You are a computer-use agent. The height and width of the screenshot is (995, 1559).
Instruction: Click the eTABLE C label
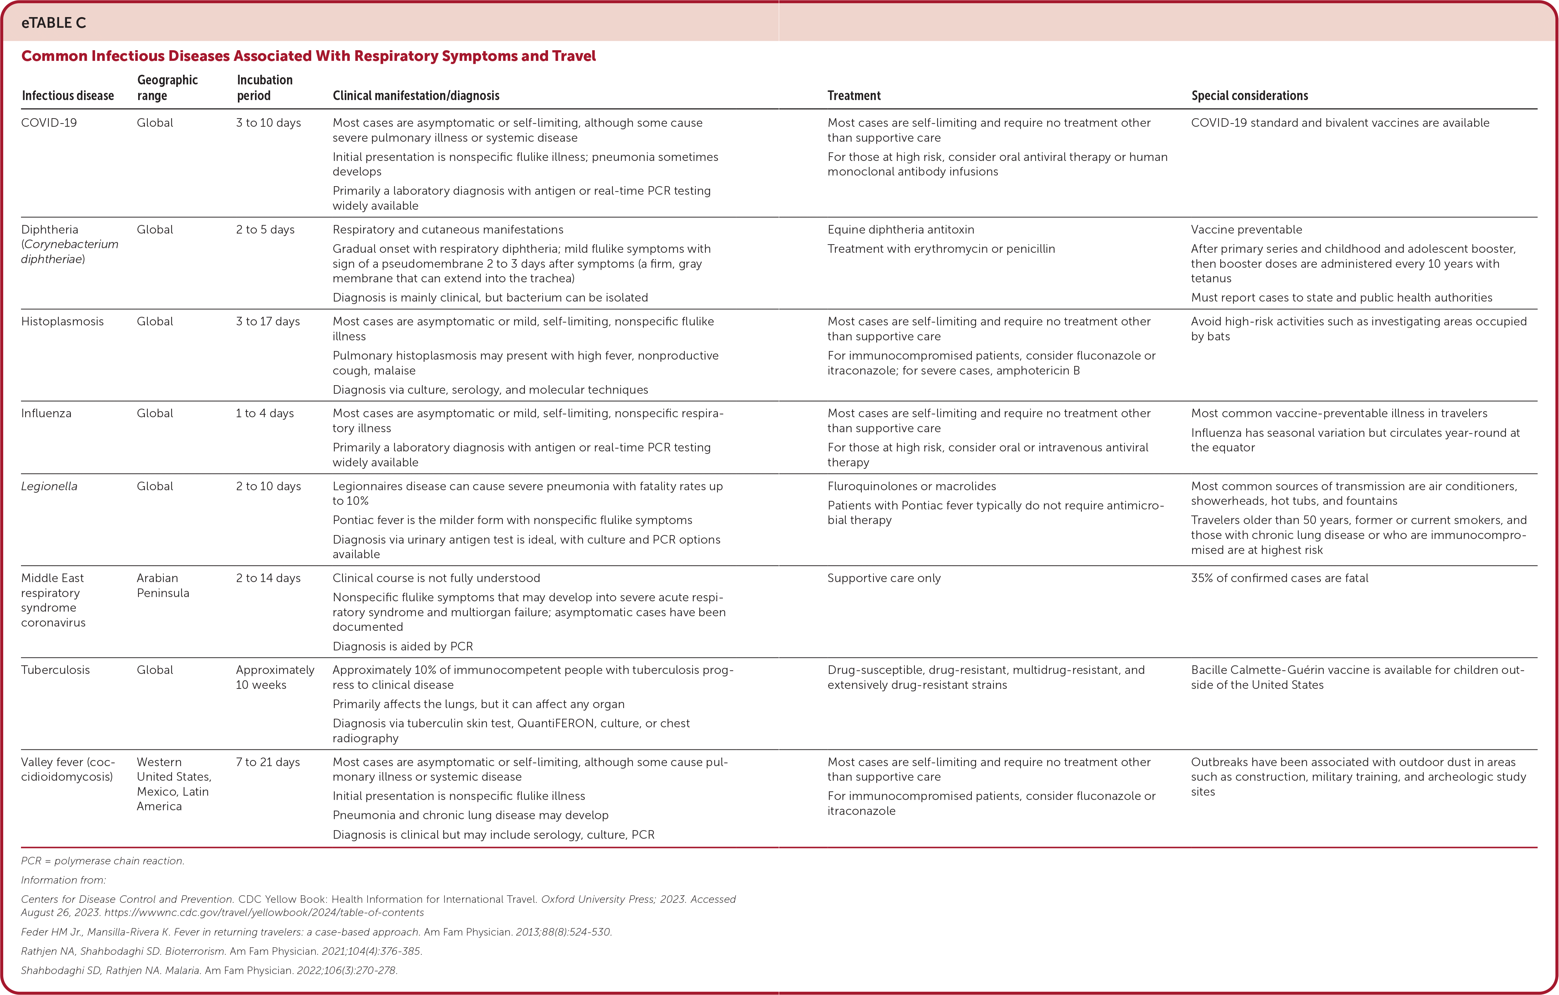click(x=54, y=23)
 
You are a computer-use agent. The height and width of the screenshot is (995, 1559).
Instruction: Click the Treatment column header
click(x=854, y=96)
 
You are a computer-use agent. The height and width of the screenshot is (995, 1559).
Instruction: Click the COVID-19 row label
click(x=49, y=123)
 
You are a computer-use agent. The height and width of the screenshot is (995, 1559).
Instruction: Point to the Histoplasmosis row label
click(x=62, y=322)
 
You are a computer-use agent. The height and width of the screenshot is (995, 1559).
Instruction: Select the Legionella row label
click(x=49, y=486)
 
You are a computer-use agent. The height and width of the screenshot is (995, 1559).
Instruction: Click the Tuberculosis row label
click(x=56, y=670)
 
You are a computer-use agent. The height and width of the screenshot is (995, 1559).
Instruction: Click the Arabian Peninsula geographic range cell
click(x=163, y=585)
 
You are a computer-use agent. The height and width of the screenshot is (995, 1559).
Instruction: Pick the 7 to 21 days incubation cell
click(x=268, y=762)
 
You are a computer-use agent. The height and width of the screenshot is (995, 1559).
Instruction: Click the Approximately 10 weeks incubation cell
click(x=275, y=677)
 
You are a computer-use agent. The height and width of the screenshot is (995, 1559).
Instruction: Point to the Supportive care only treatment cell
click(x=884, y=578)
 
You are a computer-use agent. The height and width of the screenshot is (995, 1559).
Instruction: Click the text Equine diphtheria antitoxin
click(x=901, y=230)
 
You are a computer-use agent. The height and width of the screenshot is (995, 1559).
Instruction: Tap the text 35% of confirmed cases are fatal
click(x=1279, y=578)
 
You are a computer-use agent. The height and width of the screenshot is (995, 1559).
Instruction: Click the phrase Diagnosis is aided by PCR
click(x=403, y=647)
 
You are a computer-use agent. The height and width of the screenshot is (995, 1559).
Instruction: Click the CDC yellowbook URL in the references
click(x=264, y=913)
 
